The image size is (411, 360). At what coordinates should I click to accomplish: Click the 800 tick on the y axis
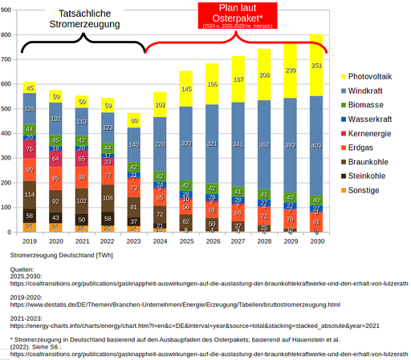click(x=8, y=35)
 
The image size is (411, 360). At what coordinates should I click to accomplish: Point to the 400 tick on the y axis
click(x=8, y=134)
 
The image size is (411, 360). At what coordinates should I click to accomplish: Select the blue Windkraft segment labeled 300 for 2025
click(x=185, y=143)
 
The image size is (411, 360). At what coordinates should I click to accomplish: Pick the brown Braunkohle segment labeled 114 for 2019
click(x=30, y=195)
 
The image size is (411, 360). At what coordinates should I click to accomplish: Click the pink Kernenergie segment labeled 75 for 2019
click(x=30, y=148)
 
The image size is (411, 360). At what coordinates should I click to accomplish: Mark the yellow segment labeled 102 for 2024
click(x=160, y=104)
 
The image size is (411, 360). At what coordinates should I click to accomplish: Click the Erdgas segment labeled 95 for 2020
click(x=55, y=177)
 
